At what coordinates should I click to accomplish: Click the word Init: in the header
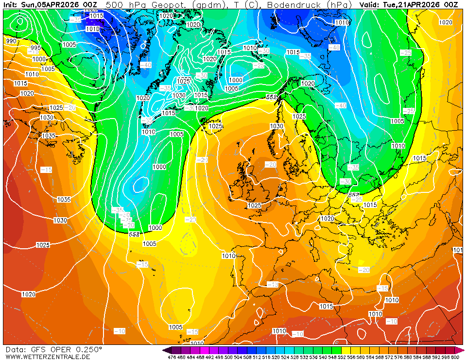pos(11,4)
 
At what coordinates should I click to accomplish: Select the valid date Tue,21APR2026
pos(412,4)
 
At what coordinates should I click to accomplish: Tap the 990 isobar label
pos(11,41)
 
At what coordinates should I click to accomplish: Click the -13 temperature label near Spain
pos(273,284)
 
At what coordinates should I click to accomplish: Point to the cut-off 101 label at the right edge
pos(458,250)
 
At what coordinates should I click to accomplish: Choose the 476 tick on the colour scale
pos(172,357)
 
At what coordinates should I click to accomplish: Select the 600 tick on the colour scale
pos(454,357)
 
